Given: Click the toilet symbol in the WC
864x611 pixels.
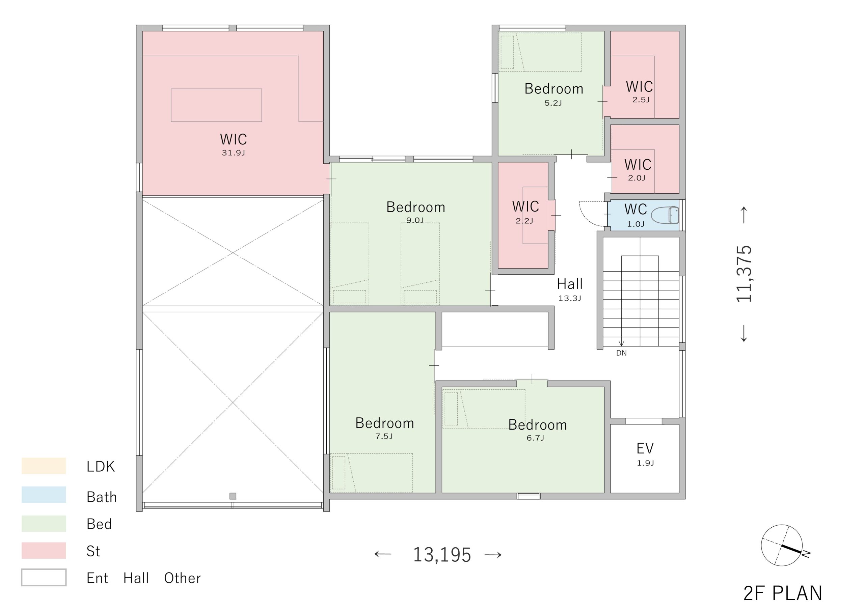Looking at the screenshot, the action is click(x=665, y=215).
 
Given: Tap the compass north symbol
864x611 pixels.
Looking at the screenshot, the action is click(x=782, y=546).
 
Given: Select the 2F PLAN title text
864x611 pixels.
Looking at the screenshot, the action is click(x=783, y=593).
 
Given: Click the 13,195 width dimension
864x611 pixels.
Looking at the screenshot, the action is click(x=442, y=555).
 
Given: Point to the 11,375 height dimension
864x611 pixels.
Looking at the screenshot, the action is click(x=744, y=274).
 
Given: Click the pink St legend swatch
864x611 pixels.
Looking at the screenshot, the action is click(x=44, y=550).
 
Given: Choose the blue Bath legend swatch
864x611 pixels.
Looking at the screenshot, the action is click(x=44, y=495).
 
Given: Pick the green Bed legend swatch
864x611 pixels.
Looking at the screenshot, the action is click(x=44, y=524).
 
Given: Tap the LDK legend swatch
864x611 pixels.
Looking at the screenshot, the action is click(x=44, y=466).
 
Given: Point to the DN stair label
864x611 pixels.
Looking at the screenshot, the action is click(x=621, y=353).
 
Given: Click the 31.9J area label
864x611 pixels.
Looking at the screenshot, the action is click(x=233, y=153).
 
